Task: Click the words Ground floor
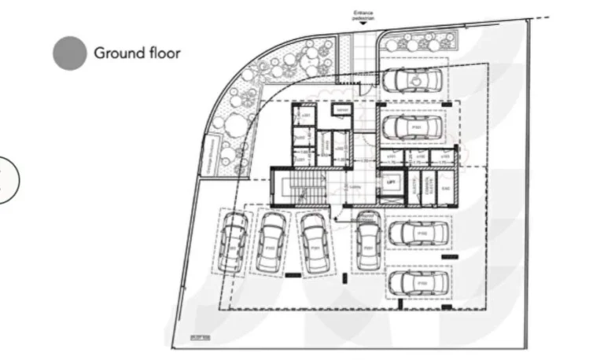click(x=137, y=53)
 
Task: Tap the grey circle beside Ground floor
click(x=69, y=53)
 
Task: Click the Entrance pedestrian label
click(x=362, y=13)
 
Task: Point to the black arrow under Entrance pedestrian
click(x=362, y=24)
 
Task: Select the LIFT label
click(x=390, y=181)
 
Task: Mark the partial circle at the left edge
click(x=6, y=179)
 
